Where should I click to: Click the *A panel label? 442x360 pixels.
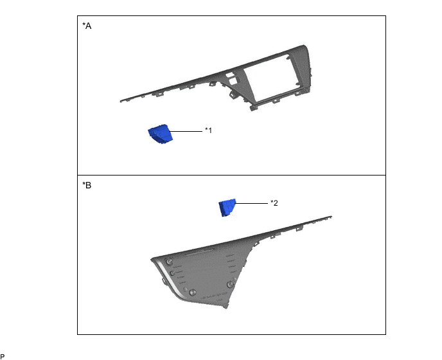(87, 26)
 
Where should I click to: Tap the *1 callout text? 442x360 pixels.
(208, 130)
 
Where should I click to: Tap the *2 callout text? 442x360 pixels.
(274, 203)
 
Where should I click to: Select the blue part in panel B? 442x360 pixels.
(227, 208)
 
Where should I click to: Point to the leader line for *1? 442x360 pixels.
(188, 131)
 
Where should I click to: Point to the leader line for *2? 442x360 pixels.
(252, 203)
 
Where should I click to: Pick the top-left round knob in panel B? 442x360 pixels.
(168, 261)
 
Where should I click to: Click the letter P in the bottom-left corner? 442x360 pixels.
(3, 355)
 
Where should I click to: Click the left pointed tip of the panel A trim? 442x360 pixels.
(122, 100)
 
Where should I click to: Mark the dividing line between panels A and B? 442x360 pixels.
(231, 175)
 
